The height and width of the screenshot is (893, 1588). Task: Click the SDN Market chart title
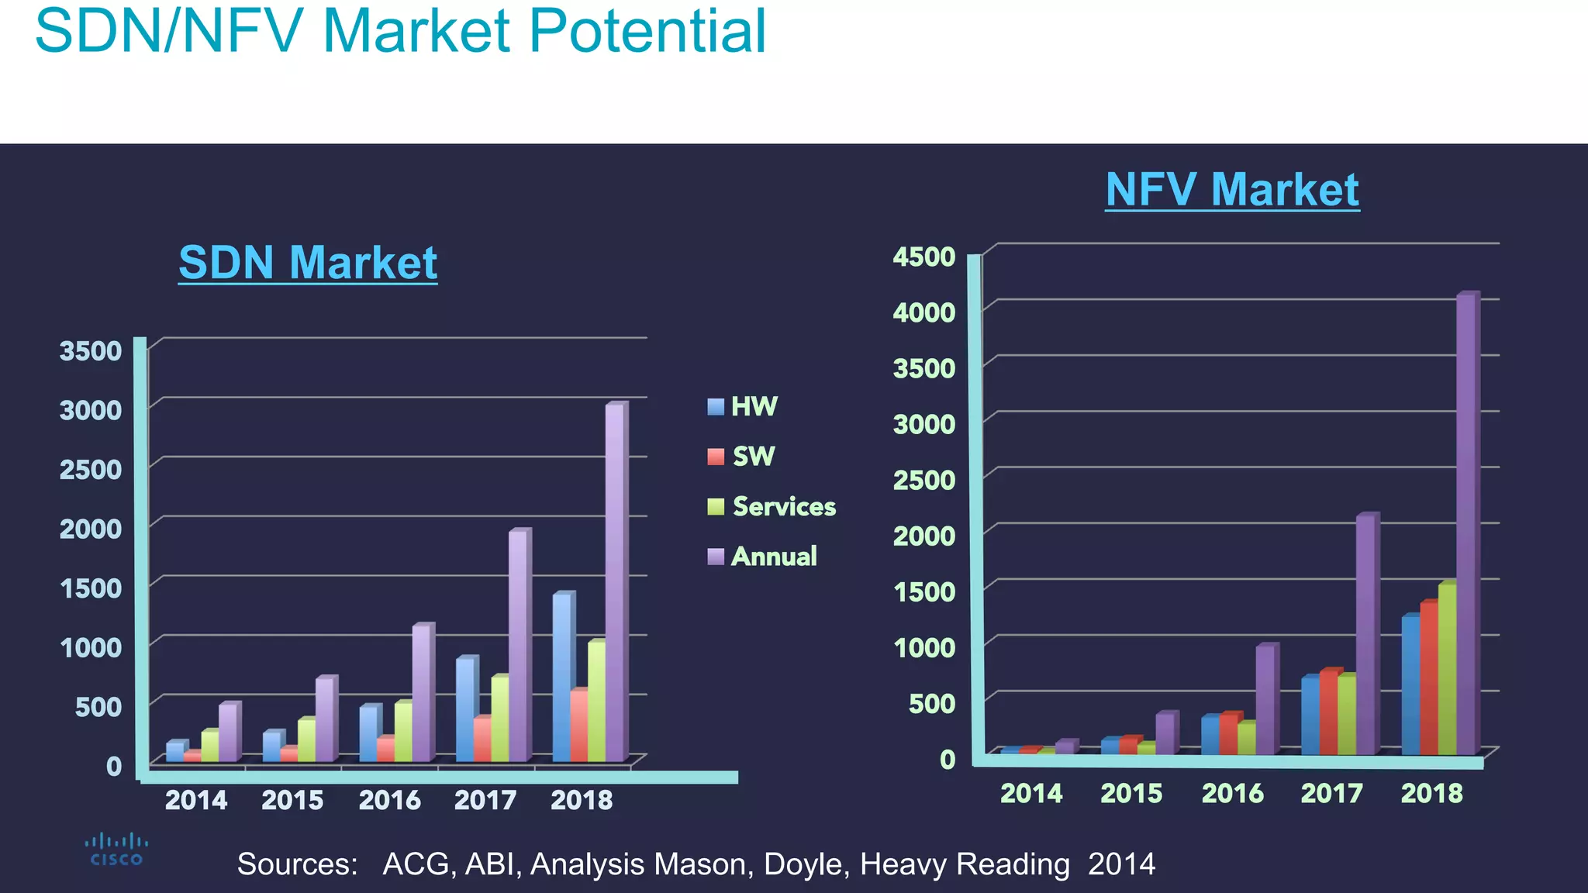tap(308, 262)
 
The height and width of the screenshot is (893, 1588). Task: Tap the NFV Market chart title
tap(1232, 189)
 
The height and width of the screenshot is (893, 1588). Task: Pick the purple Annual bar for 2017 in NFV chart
tap(1366, 634)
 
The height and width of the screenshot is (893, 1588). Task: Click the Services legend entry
tap(772, 506)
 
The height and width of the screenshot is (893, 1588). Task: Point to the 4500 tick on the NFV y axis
tap(923, 257)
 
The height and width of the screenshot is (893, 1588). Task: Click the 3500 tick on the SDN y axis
tap(91, 350)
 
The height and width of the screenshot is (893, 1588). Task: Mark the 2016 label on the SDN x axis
tap(389, 800)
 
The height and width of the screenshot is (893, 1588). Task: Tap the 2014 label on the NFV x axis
tap(1030, 793)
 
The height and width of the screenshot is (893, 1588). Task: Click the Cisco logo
tap(116, 849)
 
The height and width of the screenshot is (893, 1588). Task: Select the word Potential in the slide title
tap(647, 31)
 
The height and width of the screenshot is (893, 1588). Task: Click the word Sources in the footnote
tap(297, 864)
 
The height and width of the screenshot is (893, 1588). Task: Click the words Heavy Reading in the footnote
tap(965, 864)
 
